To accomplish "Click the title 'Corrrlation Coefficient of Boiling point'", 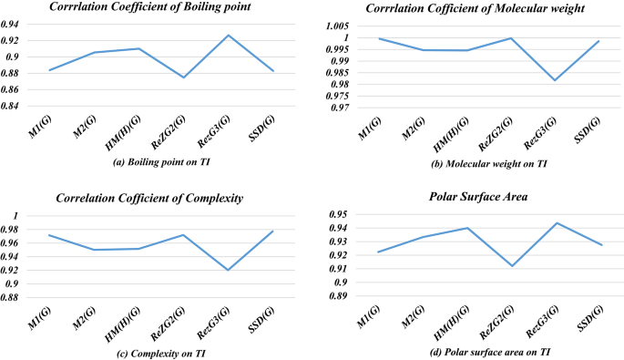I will tap(156, 8).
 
